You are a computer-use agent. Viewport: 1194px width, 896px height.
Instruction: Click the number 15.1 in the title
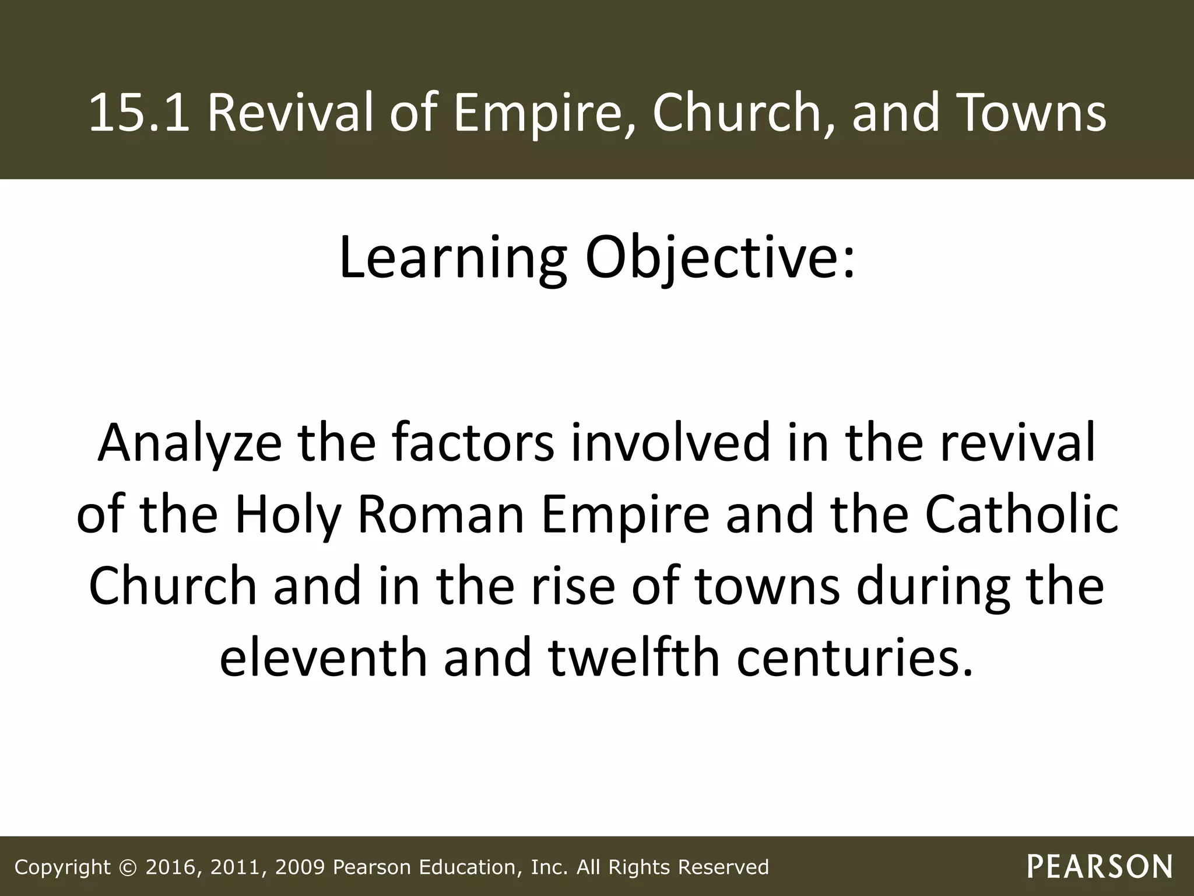tap(139, 113)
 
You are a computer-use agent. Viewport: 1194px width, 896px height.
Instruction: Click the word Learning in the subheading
tap(452, 257)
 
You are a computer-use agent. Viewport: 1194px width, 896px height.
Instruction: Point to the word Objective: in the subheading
tap(719, 257)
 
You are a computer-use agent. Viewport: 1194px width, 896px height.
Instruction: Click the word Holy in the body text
tap(288, 516)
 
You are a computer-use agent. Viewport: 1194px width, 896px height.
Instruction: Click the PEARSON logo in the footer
tap(1100, 867)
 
